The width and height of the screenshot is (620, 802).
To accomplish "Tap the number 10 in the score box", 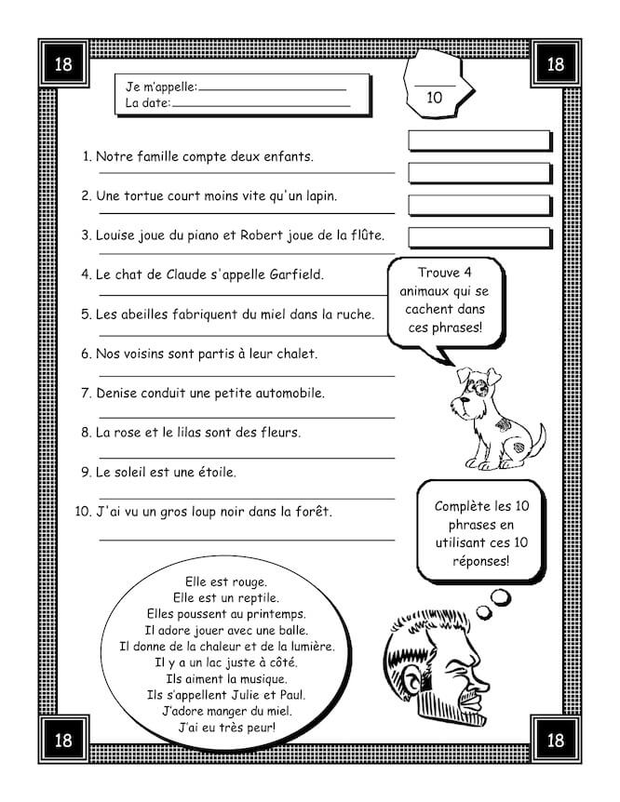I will [434, 96].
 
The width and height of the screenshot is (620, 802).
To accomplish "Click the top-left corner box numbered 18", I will [63, 64].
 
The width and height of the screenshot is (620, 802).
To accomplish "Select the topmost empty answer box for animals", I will [478, 140].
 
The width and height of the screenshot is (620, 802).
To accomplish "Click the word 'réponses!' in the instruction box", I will [478, 561].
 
